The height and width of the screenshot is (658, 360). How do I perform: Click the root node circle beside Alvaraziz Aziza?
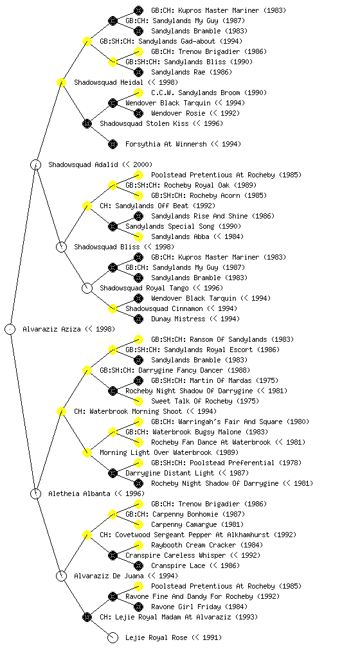(10, 329)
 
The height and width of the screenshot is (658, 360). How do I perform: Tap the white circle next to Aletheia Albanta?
(35, 493)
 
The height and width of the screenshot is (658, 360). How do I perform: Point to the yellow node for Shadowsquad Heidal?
(61, 82)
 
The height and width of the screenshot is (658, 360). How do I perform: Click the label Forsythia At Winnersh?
(166, 144)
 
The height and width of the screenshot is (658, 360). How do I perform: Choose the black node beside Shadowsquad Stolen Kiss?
(87, 123)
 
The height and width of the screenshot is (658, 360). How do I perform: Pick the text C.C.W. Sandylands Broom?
(195, 93)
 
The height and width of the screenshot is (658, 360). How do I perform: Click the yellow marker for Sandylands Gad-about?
(87, 41)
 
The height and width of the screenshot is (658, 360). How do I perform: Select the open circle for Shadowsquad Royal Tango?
(87, 288)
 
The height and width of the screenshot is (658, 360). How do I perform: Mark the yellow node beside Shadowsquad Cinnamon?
(113, 308)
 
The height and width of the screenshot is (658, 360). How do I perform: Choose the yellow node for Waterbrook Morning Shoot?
(61, 411)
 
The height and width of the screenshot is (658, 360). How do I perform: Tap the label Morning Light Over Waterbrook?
(156, 452)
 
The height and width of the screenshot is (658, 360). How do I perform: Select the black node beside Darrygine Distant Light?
(113, 473)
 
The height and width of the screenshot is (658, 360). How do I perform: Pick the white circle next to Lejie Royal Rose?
(113, 637)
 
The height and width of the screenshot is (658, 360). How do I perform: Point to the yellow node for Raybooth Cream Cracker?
(138, 545)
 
